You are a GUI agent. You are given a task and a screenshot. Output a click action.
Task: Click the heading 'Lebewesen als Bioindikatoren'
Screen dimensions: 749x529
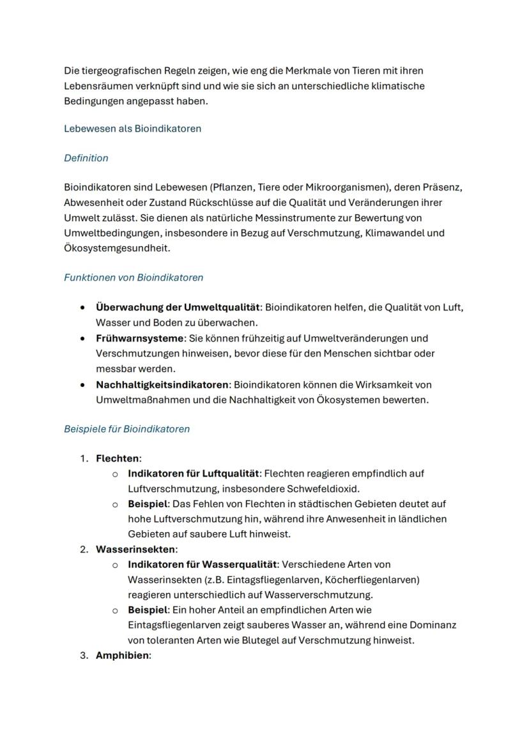pyautogui.click(x=132, y=129)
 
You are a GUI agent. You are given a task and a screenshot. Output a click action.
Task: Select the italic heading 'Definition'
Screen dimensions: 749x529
pyautogui.click(x=86, y=158)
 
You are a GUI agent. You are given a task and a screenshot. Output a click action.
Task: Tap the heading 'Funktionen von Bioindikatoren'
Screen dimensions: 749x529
pyautogui.click(x=134, y=278)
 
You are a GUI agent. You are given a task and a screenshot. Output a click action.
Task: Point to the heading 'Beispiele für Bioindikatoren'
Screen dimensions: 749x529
pyautogui.click(x=126, y=429)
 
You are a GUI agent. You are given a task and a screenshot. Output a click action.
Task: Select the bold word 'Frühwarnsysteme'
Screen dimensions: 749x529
pyautogui.click(x=140, y=338)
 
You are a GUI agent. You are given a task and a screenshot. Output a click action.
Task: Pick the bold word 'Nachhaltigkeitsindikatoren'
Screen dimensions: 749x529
pyautogui.click(x=162, y=385)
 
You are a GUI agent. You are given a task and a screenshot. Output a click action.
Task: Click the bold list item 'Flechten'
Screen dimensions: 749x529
pyautogui.click(x=117, y=459)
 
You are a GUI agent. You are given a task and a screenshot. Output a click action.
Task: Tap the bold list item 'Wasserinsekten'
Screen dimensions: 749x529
pyautogui.click(x=135, y=549)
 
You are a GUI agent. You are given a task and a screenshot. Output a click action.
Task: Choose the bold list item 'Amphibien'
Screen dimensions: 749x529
pyautogui.click(x=121, y=656)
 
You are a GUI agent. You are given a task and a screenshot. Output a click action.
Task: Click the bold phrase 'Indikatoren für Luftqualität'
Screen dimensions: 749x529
pyautogui.click(x=194, y=474)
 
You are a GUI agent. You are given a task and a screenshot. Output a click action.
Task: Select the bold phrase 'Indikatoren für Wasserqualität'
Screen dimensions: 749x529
pyautogui.click(x=203, y=565)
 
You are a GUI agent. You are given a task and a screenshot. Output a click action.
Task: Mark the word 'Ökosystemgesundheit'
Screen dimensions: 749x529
pyautogui.click(x=115, y=248)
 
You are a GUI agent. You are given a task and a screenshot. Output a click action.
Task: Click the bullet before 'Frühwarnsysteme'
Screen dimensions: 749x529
pyautogui.click(x=83, y=338)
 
